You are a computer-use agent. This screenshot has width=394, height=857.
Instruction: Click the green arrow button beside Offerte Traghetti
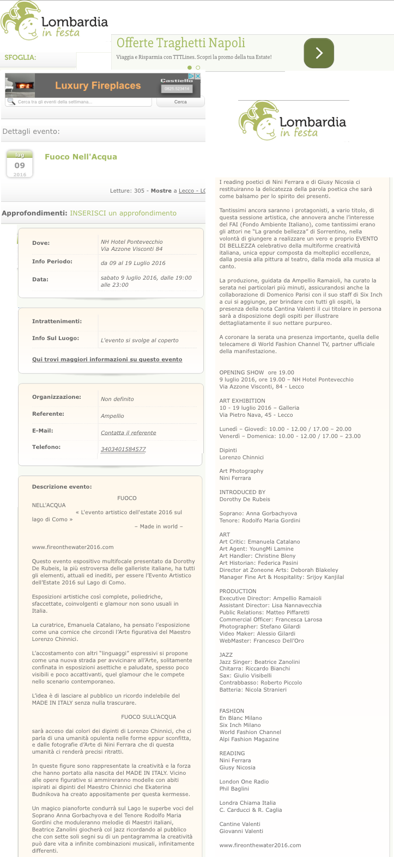[318, 53]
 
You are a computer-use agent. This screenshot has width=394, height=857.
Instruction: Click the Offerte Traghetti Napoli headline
[180, 42]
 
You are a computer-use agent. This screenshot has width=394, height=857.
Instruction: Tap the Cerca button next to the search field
[180, 102]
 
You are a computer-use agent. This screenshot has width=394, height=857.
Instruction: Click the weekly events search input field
[79, 102]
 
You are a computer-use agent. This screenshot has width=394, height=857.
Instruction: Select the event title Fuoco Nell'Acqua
[81, 157]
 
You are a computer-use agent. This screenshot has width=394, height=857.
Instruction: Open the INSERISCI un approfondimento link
[123, 213]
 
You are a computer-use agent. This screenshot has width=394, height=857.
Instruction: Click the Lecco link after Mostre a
[186, 191]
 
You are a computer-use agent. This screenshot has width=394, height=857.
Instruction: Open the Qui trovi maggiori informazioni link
[107, 360]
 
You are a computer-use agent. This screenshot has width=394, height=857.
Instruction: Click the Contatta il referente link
[128, 433]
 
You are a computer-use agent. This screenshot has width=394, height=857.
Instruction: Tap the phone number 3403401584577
[123, 449]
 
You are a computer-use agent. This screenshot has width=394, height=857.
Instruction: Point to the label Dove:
[41, 243]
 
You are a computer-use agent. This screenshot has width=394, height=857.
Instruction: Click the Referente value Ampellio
[112, 416]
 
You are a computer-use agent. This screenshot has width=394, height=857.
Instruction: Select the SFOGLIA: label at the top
[20, 57]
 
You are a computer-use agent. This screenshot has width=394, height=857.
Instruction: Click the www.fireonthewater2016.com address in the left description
[72, 547]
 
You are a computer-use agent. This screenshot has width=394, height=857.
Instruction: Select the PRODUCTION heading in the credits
[238, 591]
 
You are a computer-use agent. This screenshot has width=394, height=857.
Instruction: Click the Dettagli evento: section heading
[31, 132]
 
